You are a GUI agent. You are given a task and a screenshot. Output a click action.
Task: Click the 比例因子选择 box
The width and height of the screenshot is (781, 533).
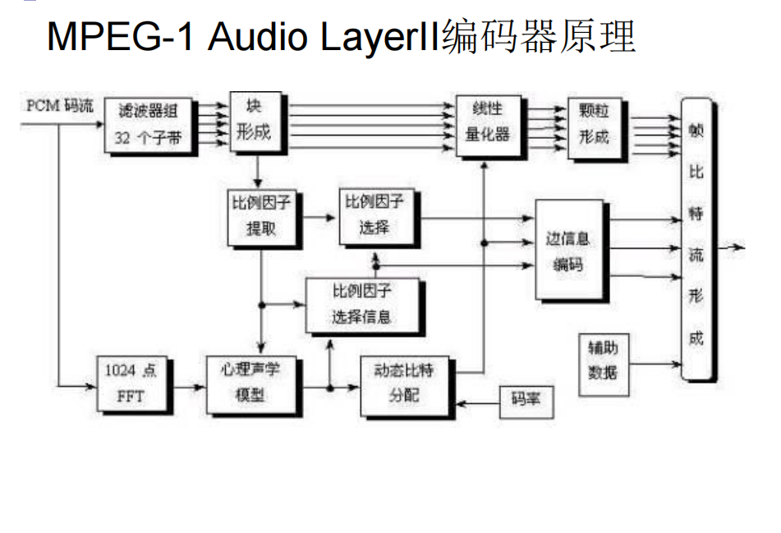point(378,216)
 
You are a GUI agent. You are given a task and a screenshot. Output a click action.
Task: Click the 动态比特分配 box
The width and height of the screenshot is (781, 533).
point(409,384)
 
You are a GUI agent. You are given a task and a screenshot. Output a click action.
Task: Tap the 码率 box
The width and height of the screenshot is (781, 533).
point(526,400)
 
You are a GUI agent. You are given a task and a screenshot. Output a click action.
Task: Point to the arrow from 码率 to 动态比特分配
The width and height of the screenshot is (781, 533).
point(479,402)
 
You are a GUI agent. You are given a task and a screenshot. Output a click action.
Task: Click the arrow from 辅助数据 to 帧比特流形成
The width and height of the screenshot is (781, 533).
point(657,362)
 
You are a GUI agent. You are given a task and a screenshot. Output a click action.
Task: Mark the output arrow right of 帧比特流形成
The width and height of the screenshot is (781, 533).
point(730,247)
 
